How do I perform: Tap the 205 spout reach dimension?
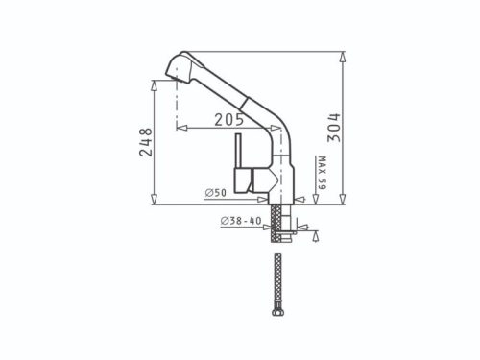[227, 120]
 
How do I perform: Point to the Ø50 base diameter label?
[215, 194]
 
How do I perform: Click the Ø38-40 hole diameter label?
[240, 222]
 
